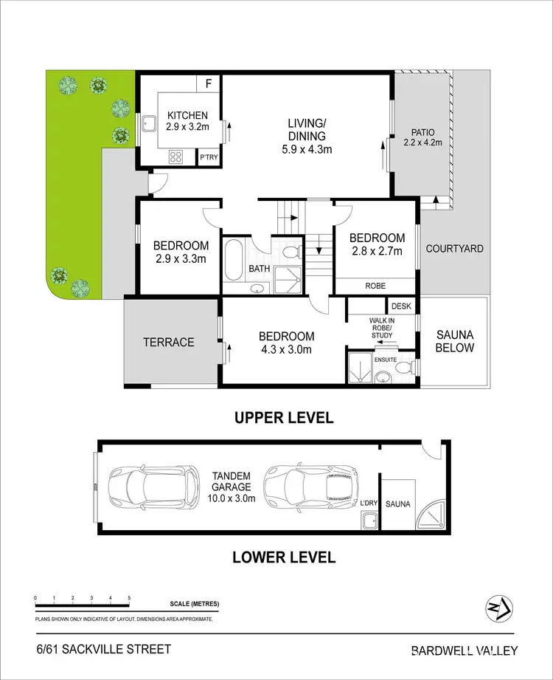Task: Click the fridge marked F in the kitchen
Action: coord(208,83)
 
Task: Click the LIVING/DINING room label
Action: coord(309,136)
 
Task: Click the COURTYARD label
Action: coord(454,249)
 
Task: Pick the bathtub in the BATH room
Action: coord(237,260)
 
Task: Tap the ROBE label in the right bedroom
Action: coord(375,285)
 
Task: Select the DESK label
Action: coord(401,306)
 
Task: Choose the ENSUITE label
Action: coord(385,360)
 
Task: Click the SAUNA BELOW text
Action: coord(454,341)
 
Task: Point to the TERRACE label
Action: coord(169,342)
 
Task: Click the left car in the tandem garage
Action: coord(153,487)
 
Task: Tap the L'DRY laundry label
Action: coord(368,503)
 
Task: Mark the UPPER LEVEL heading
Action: coord(283,418)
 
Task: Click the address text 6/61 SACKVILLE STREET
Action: coord(103,650)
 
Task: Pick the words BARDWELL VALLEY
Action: coord(464,650)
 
